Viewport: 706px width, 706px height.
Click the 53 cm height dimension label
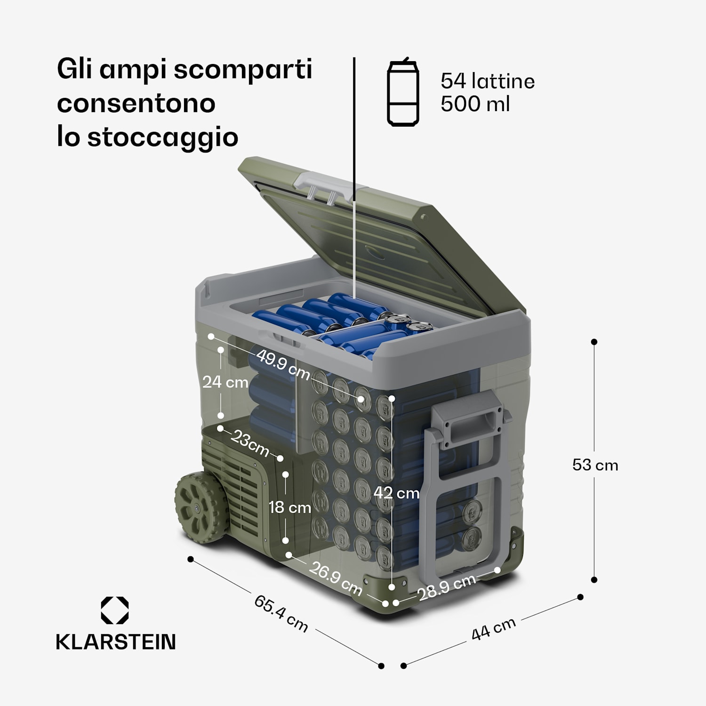point(595,465)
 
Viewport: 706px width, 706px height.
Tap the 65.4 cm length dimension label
point(281,613)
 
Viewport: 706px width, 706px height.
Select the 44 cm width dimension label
point(493,629)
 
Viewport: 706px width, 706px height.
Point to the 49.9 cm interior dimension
point(283,365)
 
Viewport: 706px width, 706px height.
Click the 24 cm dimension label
point(225,382)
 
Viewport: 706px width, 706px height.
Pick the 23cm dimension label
point(250,444)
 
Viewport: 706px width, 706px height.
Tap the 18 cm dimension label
point(289,507)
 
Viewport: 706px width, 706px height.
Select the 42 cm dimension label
point(396,493)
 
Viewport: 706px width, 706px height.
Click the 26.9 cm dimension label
point(335,578)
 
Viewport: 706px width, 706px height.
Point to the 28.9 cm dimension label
point(447,587)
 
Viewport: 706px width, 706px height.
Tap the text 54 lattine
point(487,81)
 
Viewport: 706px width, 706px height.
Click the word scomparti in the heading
point(242,70)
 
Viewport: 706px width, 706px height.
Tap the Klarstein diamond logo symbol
point(115,610)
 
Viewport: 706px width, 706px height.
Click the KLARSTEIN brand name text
point(116,642)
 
